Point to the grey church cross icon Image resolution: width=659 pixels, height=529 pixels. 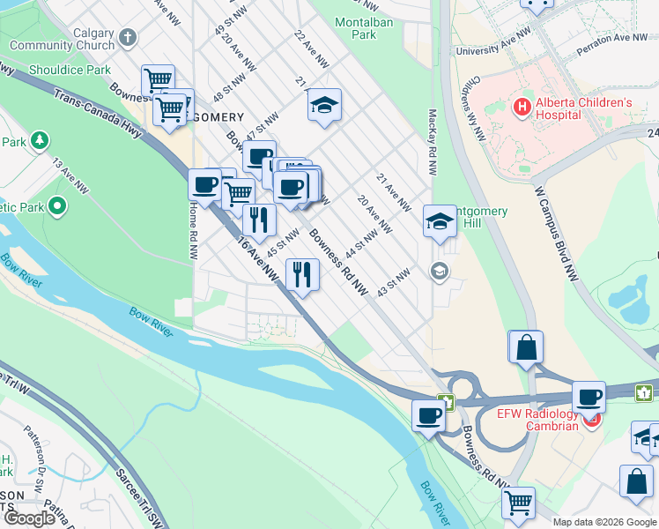click(129, 38)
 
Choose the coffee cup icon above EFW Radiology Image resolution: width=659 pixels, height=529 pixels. click(589, 397)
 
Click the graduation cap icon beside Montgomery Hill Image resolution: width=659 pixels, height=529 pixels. click(439, 221)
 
